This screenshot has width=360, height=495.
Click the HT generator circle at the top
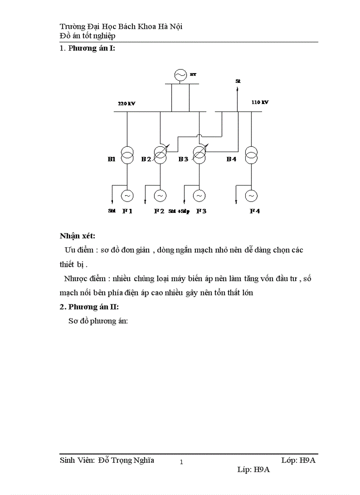pyautogui.click(x=180, y=75)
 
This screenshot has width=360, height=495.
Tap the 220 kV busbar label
pyautogui.click(x=126, y=104)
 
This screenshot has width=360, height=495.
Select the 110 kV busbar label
pyautogui.click(x=260, y=102)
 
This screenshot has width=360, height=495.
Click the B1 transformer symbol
pyautogui.click(x=127, y=156)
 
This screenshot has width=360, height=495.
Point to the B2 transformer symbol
pyautogui.click(x=160, y=156)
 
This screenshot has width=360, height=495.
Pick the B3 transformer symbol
pyautogui.click(x=199, y=156)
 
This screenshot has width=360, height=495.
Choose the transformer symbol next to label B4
pyautogui.click(x=251, y=156)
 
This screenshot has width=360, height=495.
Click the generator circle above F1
pyautogui.click(x=127, y=195)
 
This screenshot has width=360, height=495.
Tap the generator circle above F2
pyautogui.click(x=160, y=195)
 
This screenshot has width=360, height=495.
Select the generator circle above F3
pyautogui.click(x=199, y=195)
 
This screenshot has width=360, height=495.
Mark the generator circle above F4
pyautogui.click(x=251, y=195)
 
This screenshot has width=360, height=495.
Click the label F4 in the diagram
pyautogui.click(x=255, y=211)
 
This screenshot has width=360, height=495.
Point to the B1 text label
pyautogui.click(x=111, y=159)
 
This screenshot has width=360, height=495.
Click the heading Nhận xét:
pyautogui.click(x=77, y=236)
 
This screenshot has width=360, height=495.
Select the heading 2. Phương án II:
pyautogui.click(x=89, y=307)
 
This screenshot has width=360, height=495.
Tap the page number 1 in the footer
pyautogui.click(x=181, y=462)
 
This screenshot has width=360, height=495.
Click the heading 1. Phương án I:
pyautogui.click(x=87, y=48)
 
